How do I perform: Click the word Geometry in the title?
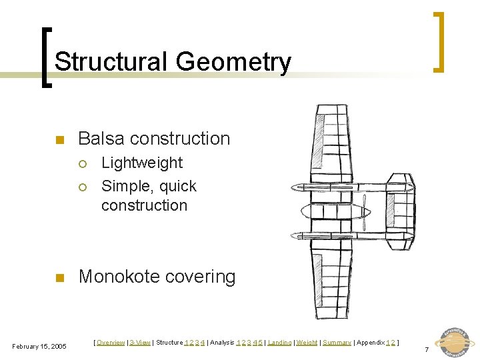pyautogui.click(x=233, y=62)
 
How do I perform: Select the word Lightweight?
pyautogui.click(x=141, y=163)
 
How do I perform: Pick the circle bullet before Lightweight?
pyautogui.click(x=83, y=164)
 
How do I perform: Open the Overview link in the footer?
pyautogui.click(x=111, y=343)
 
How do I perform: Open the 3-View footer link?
pyautogui.click(x=140, y=343)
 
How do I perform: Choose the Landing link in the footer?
pyautogui.click(x=279, y=343)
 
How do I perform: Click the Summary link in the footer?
pyautogui.click(x=337, y=343)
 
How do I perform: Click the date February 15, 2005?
pyautogui.click(x=39, y=346)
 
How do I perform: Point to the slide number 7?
pyautogui.click(x=427, y=349)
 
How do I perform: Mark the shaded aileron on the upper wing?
pyautogui.click(x=319, y=137)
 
